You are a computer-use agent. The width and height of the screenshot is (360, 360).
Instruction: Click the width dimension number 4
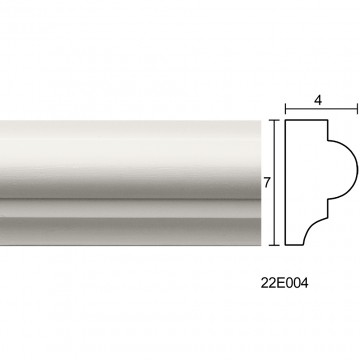point(318,100)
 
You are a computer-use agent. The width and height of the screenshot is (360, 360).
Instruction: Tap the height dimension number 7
point(266,183)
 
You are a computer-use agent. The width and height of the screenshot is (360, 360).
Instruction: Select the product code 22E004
point(284,283)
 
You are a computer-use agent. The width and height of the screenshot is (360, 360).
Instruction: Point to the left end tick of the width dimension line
point(285,109)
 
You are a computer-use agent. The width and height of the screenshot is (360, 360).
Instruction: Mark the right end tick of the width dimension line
point(357,109)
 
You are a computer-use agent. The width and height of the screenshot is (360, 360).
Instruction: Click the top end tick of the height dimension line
point(274,120)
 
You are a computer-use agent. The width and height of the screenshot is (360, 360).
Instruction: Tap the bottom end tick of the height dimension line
point(274,245)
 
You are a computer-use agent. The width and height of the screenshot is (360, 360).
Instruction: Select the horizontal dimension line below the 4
point(321,109)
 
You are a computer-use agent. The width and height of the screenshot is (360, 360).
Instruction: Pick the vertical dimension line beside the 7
point(274,183)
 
